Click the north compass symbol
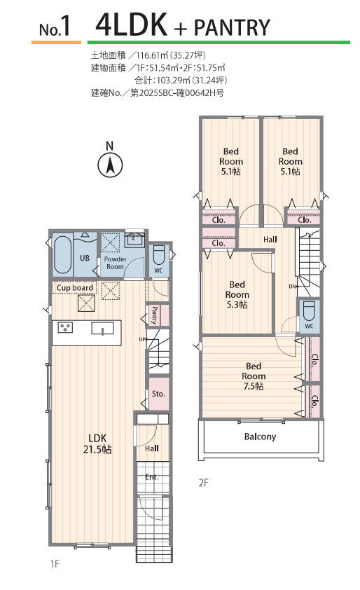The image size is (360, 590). tap(110, 165)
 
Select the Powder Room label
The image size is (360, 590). tap(115, 263)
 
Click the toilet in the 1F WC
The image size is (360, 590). tap(159, 255)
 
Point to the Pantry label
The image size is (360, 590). tap(154, 315)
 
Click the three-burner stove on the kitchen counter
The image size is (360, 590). tap(65, 327)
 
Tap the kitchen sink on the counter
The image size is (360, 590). tap(102, 328)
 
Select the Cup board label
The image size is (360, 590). tap(75, 288)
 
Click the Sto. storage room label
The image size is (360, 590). tap(158, 394)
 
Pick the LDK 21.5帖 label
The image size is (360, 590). tap(97, 444)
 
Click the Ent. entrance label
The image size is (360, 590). tap(152, 476)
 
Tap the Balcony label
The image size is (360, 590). tap(260, 437)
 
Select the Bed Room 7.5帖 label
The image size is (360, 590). tap(254, 376)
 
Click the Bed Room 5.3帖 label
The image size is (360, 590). tap(237, 294)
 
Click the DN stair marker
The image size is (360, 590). tap(293, 287)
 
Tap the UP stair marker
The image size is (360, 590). tap(142, 339)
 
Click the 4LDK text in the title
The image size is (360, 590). tap(131, 25)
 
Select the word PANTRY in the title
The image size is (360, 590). tap(232, 27)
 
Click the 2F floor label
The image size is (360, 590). tap(204, 483)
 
